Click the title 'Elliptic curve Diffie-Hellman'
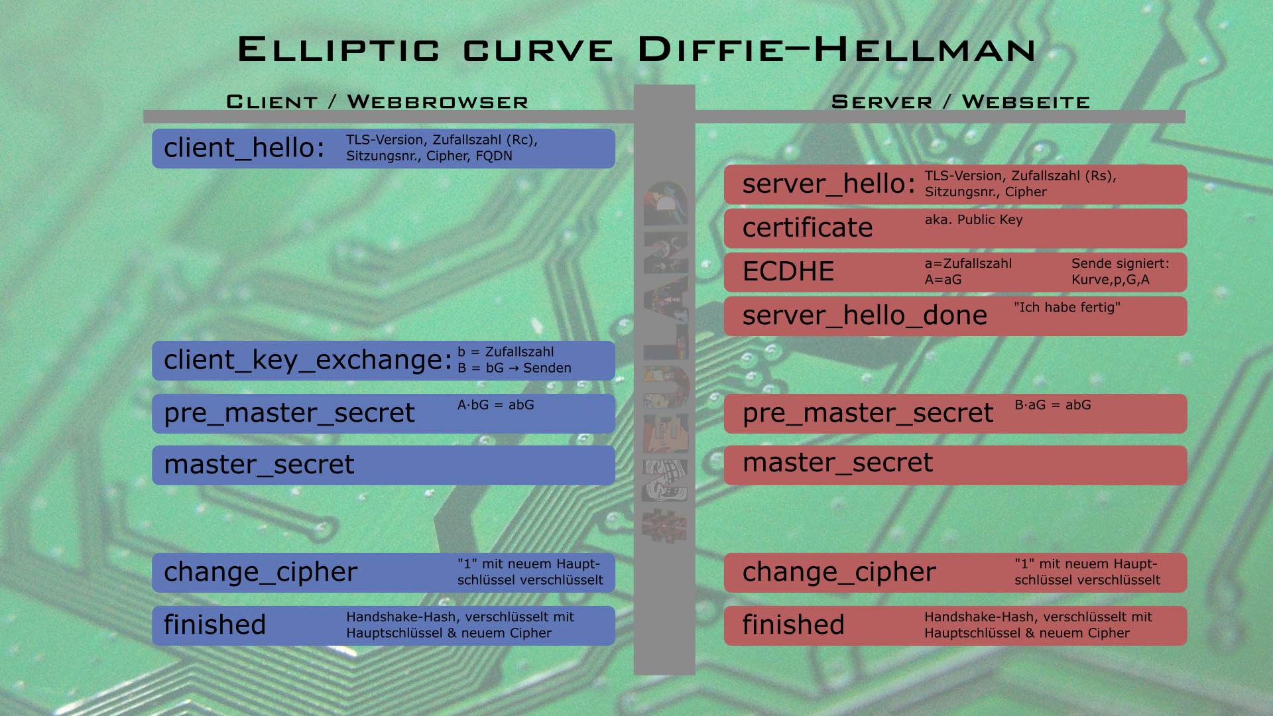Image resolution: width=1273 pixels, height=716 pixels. pos(636,50)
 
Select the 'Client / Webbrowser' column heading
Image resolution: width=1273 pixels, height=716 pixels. pos(377,101)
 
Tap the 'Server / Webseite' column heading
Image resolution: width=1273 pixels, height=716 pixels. pos(961,101)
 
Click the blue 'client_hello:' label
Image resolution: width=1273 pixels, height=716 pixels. pos(244,148)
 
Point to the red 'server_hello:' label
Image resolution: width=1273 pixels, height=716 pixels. pos(829,184)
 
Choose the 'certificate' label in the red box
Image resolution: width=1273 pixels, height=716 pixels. pos(808,227)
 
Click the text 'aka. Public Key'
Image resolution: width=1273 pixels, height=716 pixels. pos(973,219)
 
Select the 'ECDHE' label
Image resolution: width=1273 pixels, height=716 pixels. pos(788,271)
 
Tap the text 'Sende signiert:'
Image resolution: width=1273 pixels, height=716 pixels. pos(1121,263)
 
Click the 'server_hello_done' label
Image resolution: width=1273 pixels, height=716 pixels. pos(865,316)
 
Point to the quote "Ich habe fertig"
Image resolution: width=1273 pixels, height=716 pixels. pos(1067,307)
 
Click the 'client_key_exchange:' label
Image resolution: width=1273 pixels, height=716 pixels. pos(308,360)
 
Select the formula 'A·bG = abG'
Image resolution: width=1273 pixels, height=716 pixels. pos(495,404)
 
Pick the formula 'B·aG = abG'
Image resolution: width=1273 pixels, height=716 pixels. pos(1052,404)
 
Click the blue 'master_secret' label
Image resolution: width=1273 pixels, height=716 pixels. pos(259,465)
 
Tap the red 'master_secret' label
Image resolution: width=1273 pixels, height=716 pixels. pos(837,463)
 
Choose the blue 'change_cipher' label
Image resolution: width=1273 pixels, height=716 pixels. pos(261,572)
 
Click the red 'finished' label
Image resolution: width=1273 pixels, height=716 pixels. pos(793,625)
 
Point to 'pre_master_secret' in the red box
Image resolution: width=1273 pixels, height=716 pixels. pos(868,413)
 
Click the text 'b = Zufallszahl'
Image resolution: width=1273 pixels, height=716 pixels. pos(505,352)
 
